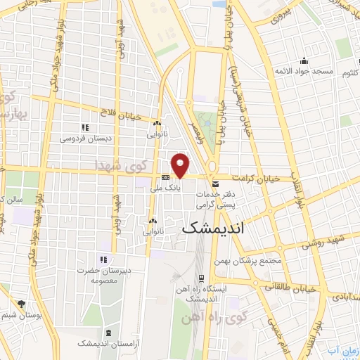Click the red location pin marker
coord(181,165)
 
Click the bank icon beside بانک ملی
coord(164,177)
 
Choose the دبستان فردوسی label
coord(84,139)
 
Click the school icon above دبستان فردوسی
coord(84,127)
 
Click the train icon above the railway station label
coord(202,277)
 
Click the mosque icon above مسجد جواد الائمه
coord(303,60)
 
